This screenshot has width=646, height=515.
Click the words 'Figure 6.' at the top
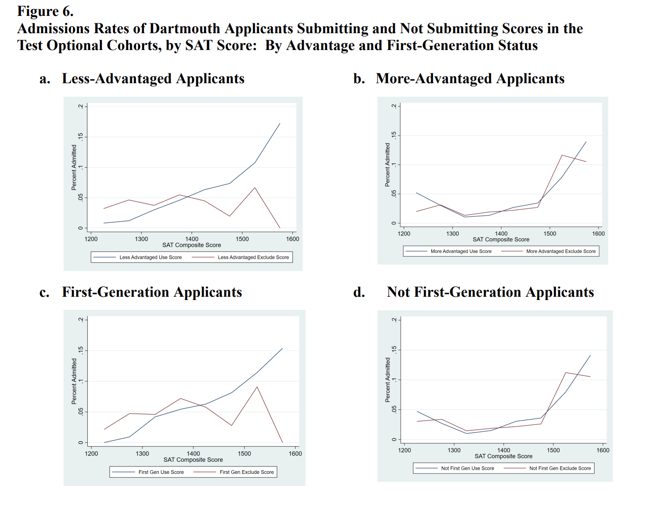[x=45, y=11]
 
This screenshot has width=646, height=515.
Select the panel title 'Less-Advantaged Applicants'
[x=153, y=79]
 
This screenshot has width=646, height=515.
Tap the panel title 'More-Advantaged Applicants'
[x=470, y=79]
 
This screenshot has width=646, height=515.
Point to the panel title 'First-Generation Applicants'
[x=152, y=292]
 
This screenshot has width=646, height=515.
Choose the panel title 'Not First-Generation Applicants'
[x=490, y=292]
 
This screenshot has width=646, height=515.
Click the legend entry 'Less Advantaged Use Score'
[x=150, y=257]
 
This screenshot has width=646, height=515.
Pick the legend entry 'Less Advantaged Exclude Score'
[x=253, y=257]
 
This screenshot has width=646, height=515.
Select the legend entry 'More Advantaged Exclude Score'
[x=561, y=251]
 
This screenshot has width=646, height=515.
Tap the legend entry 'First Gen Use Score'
[x=161, y=472]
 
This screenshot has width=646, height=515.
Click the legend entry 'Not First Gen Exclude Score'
[x=560, y=468]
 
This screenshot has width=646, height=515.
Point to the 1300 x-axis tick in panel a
[x=142, y=239]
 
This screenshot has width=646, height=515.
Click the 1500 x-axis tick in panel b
[x=550, y=234]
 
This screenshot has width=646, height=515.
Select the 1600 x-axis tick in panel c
[x=295, y=453]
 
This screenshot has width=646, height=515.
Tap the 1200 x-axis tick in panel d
[x=405, y=450]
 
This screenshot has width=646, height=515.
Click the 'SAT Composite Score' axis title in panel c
[x=193, y=460]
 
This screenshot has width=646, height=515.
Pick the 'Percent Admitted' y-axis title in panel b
[x=387, y=165]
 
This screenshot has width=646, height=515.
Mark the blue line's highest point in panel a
[x=280, y=123]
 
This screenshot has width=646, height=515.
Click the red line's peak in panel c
[x=257, y=386]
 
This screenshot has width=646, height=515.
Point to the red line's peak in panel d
[x=566, y=372]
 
